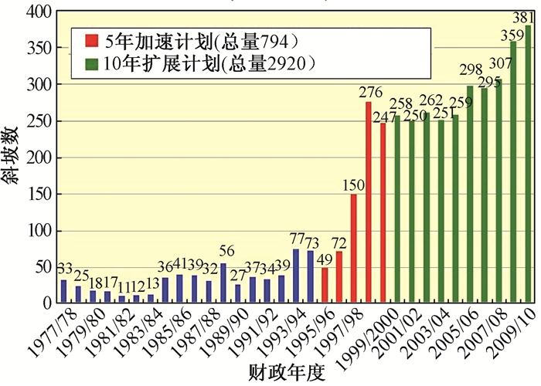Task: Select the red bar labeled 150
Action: [354, 249]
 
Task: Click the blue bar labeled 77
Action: [296, 276]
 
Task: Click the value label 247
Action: [383, 117]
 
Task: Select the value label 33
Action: [64, 269]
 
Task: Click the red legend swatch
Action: [91, 39]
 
